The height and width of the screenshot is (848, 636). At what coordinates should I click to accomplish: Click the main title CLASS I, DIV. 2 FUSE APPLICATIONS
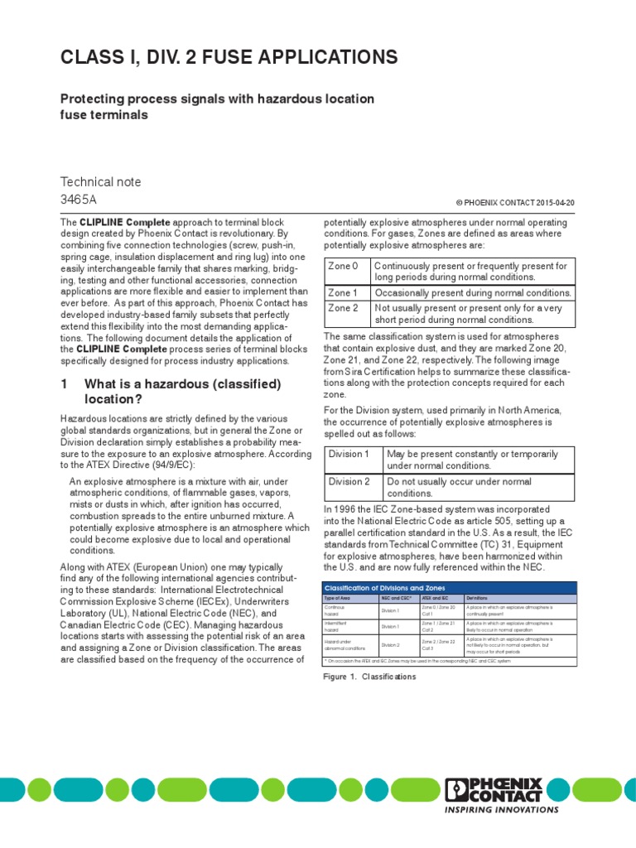point(229,57)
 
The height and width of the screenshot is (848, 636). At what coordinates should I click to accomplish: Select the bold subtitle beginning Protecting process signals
point(217,107)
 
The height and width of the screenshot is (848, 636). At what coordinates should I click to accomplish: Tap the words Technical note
point(101,181)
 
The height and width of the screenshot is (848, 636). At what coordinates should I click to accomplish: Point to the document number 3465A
point(79,200)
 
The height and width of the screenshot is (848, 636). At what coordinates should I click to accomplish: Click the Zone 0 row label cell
point(344,266)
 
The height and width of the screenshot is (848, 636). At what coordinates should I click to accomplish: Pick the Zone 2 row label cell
point(344,307)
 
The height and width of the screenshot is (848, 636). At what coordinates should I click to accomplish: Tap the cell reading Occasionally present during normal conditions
point(473,293)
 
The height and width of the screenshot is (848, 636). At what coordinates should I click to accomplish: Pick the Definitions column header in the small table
point(477,597)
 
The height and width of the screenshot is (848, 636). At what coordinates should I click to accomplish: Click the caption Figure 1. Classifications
point(369,677)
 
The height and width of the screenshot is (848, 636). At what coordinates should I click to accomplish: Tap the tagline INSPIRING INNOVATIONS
point(502,809)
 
